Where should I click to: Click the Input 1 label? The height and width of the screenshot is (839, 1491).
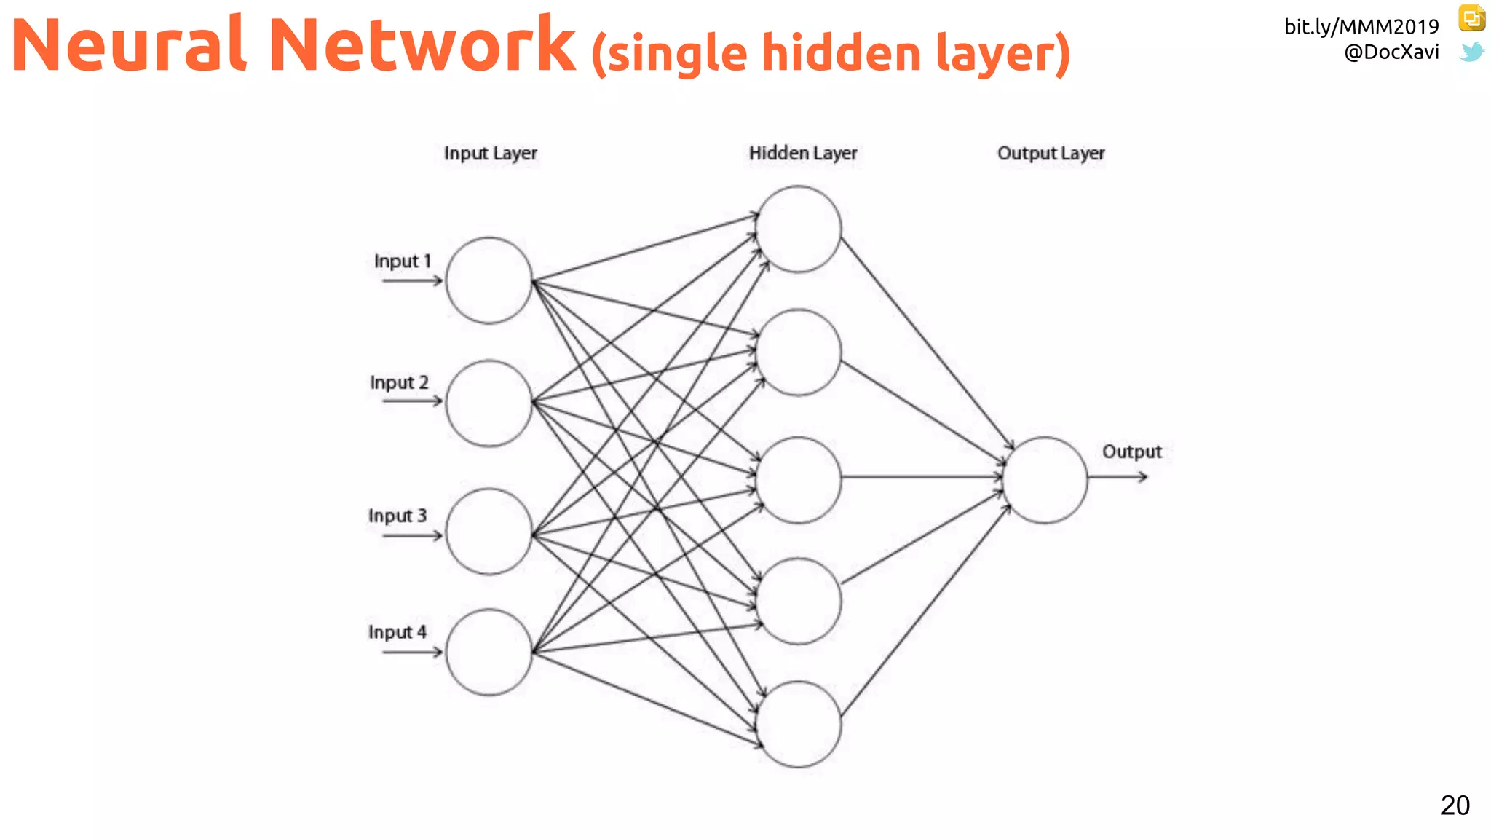click(403, 261)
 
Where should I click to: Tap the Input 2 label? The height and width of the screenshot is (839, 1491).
click(399, 382)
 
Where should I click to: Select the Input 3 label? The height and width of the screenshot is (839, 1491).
click(398, 516)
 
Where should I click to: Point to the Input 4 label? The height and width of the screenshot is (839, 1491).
click(398, 632)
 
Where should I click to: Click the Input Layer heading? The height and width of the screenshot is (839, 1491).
click(491, 154)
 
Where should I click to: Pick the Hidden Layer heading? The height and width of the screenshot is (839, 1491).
click(803, 154)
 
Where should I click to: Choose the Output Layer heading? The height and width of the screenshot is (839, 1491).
click(1051, 154)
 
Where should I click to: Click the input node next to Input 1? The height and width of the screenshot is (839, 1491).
click(489, 280)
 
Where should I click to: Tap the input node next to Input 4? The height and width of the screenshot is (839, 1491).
click(489, 652)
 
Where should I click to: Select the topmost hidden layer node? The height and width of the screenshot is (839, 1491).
click(799, 229)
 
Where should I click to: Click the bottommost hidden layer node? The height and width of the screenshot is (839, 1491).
click(799, 724)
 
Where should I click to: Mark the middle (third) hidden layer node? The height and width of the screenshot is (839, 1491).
click(799, 479)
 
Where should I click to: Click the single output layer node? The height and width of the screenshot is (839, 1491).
click(1045, 479)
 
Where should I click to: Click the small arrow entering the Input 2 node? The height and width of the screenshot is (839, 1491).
click(412, 401)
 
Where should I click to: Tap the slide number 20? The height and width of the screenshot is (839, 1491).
click(1455, 805)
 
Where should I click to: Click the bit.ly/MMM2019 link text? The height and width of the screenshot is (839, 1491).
click(1361, 27)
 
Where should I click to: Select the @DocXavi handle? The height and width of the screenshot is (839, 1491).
click(1391, 52)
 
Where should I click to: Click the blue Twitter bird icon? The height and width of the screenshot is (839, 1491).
click(1471, 52)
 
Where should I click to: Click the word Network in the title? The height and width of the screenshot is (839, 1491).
click(422, 45)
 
